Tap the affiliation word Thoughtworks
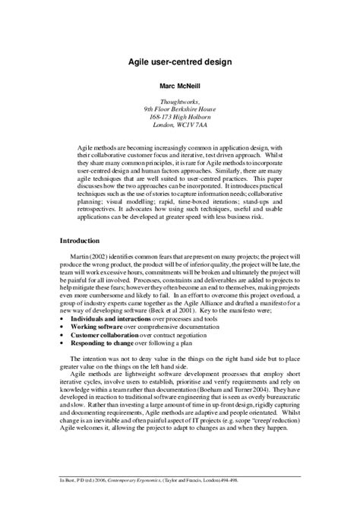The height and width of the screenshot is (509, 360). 180,101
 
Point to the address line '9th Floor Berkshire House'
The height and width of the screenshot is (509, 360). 180,109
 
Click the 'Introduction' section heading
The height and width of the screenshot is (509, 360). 84,240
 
